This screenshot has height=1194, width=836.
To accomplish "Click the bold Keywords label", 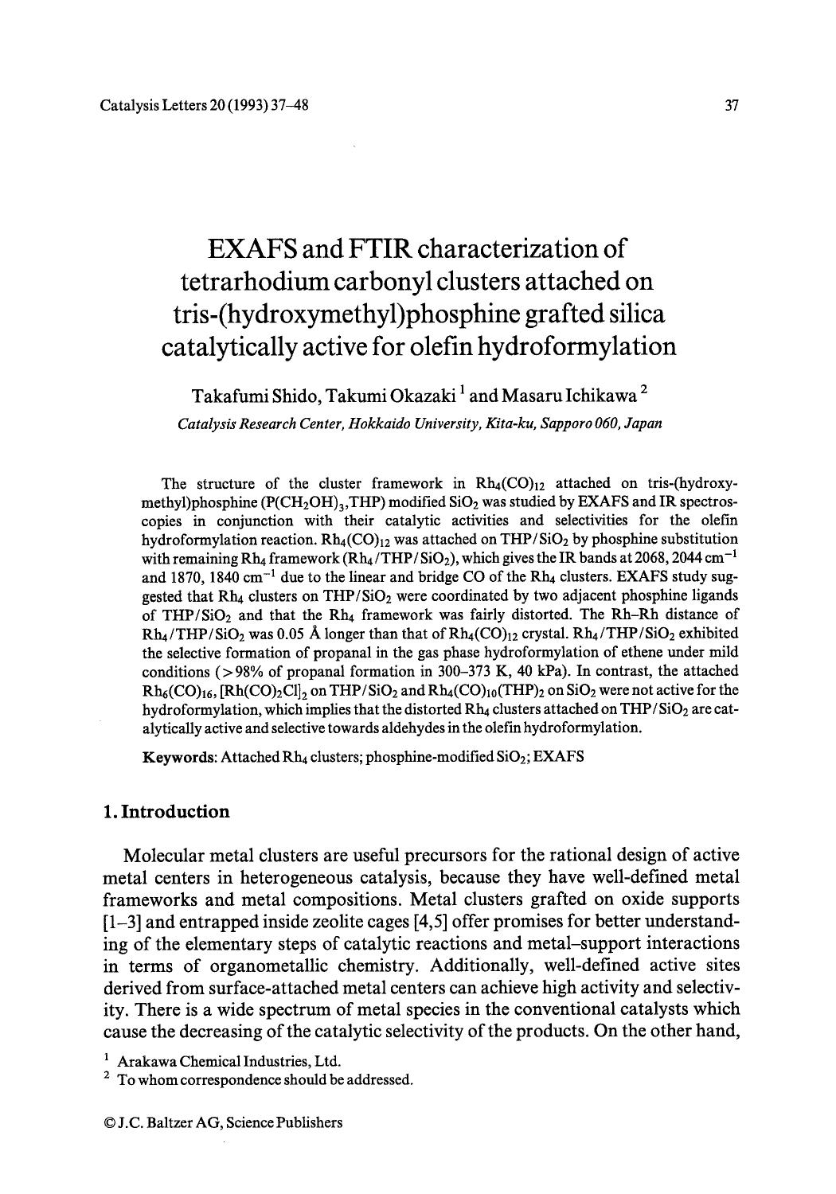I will pyautogui.click(x=179, y=756).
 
